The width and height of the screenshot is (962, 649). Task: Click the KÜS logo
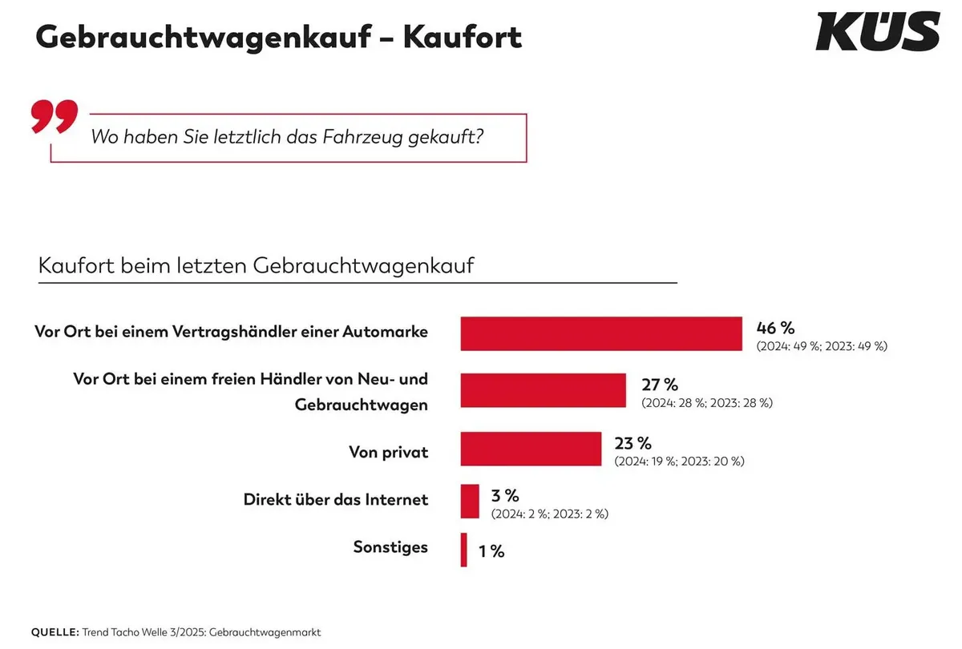point(877,32)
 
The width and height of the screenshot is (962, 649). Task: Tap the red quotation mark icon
point(55,116)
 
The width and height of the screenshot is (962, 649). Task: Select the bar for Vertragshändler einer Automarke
point(601,333)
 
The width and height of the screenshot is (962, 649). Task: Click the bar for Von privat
point(531,449)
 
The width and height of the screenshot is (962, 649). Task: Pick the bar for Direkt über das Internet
point(470,501)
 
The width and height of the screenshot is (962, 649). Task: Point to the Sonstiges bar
point(463,550)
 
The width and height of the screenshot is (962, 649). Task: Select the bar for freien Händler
point(543,390)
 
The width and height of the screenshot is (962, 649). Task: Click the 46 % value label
point(775,328)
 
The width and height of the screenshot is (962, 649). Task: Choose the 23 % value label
point(633,443)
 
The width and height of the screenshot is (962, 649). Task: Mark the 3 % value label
point(505,496)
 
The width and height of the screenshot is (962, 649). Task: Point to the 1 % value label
point(491,551)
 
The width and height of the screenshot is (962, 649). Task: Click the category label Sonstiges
point(390,547)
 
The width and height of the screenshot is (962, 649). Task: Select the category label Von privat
point(388,452)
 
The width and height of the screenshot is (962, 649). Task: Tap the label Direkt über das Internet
point(335,500)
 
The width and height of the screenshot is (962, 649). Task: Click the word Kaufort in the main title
point(463,37)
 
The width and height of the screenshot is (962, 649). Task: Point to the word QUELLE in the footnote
point(55,632)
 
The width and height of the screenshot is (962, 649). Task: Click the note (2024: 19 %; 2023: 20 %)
point(680,462)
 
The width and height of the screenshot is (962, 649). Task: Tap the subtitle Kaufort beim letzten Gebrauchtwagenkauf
point(256,265)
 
